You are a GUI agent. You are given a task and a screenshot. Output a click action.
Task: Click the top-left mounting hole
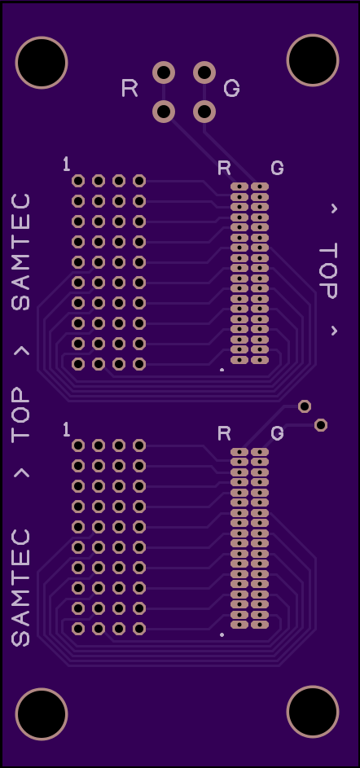pyautogui.click(x=42, y=63)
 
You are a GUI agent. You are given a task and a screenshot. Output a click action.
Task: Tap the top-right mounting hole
pyautogui.click(x=313, y=60)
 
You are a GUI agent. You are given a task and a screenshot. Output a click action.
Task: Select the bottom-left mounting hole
pyautogui.click(x=42, y=713)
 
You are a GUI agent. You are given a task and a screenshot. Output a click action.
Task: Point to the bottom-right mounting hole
pyautogui.click(x=313, y=712)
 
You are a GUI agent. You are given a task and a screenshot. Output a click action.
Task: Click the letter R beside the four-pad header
pyautogui.click(x=130, y=89)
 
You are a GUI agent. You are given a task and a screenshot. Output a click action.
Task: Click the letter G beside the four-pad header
pyautogui.click(x=231, y=89)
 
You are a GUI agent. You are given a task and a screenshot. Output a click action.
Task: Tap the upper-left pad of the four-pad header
pyautogui.click(x=164, y=72)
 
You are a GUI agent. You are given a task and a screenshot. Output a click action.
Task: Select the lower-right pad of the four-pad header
pyautogui.click(x=204, y=112)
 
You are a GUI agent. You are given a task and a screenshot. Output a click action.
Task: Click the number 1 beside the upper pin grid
pyautogui.click(x=67, y=164)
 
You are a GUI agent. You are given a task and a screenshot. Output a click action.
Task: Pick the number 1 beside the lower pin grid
pyautogui.click(x=67, y=430)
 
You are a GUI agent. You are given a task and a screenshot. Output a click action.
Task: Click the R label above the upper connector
pyautogui.click(x=224, y=168)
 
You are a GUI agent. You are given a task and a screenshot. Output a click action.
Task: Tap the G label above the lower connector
pyautogui.click(x=277, y=433)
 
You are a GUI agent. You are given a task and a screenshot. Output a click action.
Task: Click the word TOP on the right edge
pyautogui.click(x=328, y=271)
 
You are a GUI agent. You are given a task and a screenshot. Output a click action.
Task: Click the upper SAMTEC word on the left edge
pyautogui.click(x=20, y=252)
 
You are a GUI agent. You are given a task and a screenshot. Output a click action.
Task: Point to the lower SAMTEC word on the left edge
pyautogui.click(x=20, y=587)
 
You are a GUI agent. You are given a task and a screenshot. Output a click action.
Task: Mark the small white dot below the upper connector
pyautogui.click(x=222, y=370)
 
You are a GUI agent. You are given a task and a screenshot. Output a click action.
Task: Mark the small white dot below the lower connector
pyautogui.click(x=222, y=634)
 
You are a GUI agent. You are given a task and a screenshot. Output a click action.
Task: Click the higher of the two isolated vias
pyautogui.click(x=305, y=406)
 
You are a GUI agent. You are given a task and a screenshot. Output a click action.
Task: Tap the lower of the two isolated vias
pyautogui.click(x=321, y=425)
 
